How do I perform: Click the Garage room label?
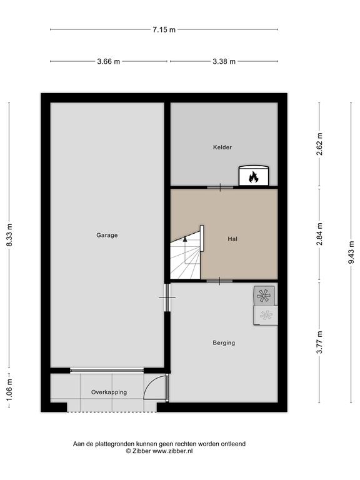tap(107, 235)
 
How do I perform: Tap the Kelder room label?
tap(222, 147)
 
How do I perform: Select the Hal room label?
tap(232, 239)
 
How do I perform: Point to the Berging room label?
tap(224, 343)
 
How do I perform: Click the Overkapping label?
tap(109, 392)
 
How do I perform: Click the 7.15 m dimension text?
tap(164, 30)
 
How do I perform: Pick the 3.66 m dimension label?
tap(109, 61)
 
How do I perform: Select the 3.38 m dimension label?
tap(224, 61)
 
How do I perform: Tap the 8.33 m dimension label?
tap(10, 235)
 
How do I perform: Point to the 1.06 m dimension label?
tap(10, 390)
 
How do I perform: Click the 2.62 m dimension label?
tap(320, 144)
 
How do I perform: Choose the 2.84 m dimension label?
tap(320, 234)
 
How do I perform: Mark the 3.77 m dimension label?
tap(320, 342)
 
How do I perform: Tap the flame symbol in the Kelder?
tap(253, 177)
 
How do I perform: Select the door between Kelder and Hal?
tap(221, 187)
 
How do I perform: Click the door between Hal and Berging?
tap(219, 281)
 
